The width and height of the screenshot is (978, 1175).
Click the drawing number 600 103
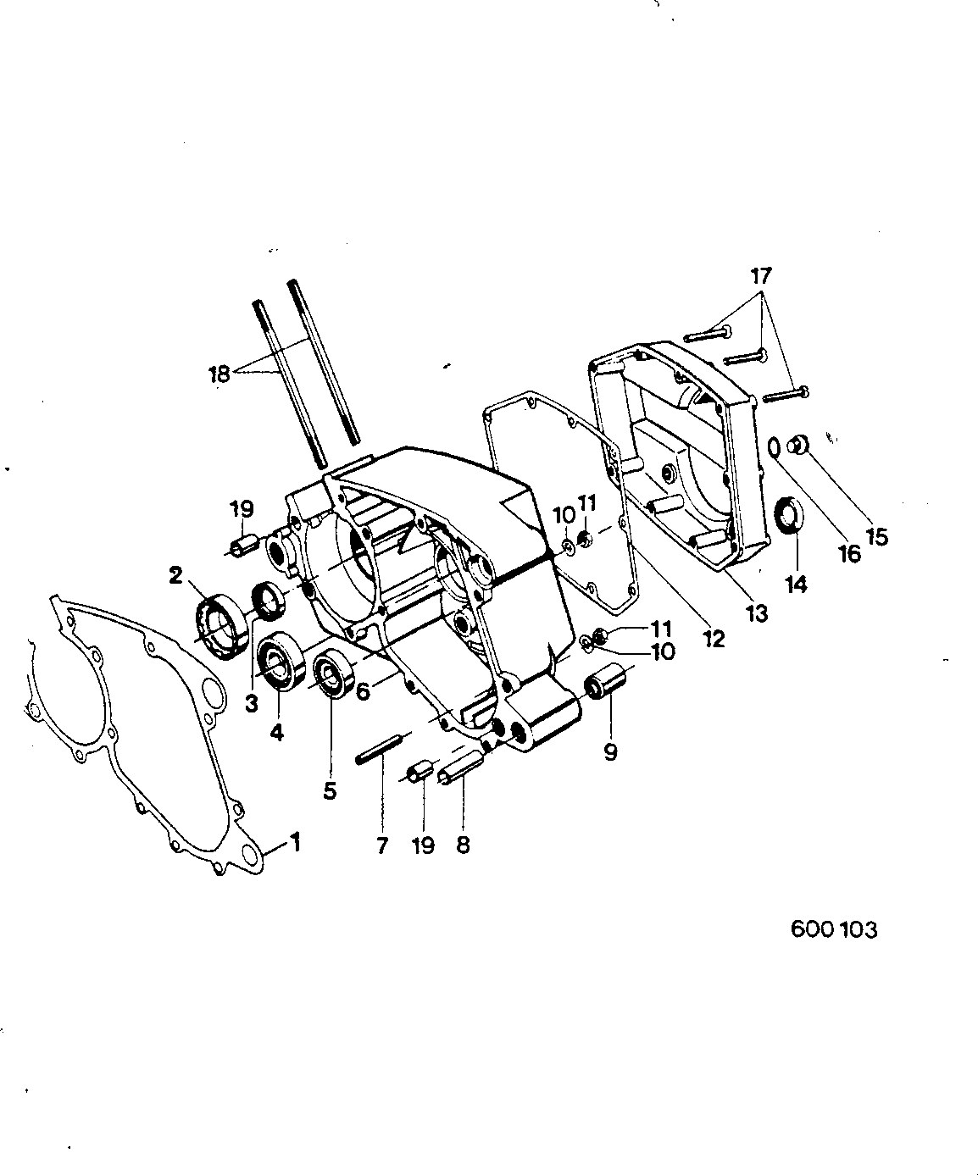coord(833,929)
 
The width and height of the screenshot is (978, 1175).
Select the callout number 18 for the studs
coord(219,374)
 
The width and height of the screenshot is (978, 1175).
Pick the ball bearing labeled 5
coord(335,674)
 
